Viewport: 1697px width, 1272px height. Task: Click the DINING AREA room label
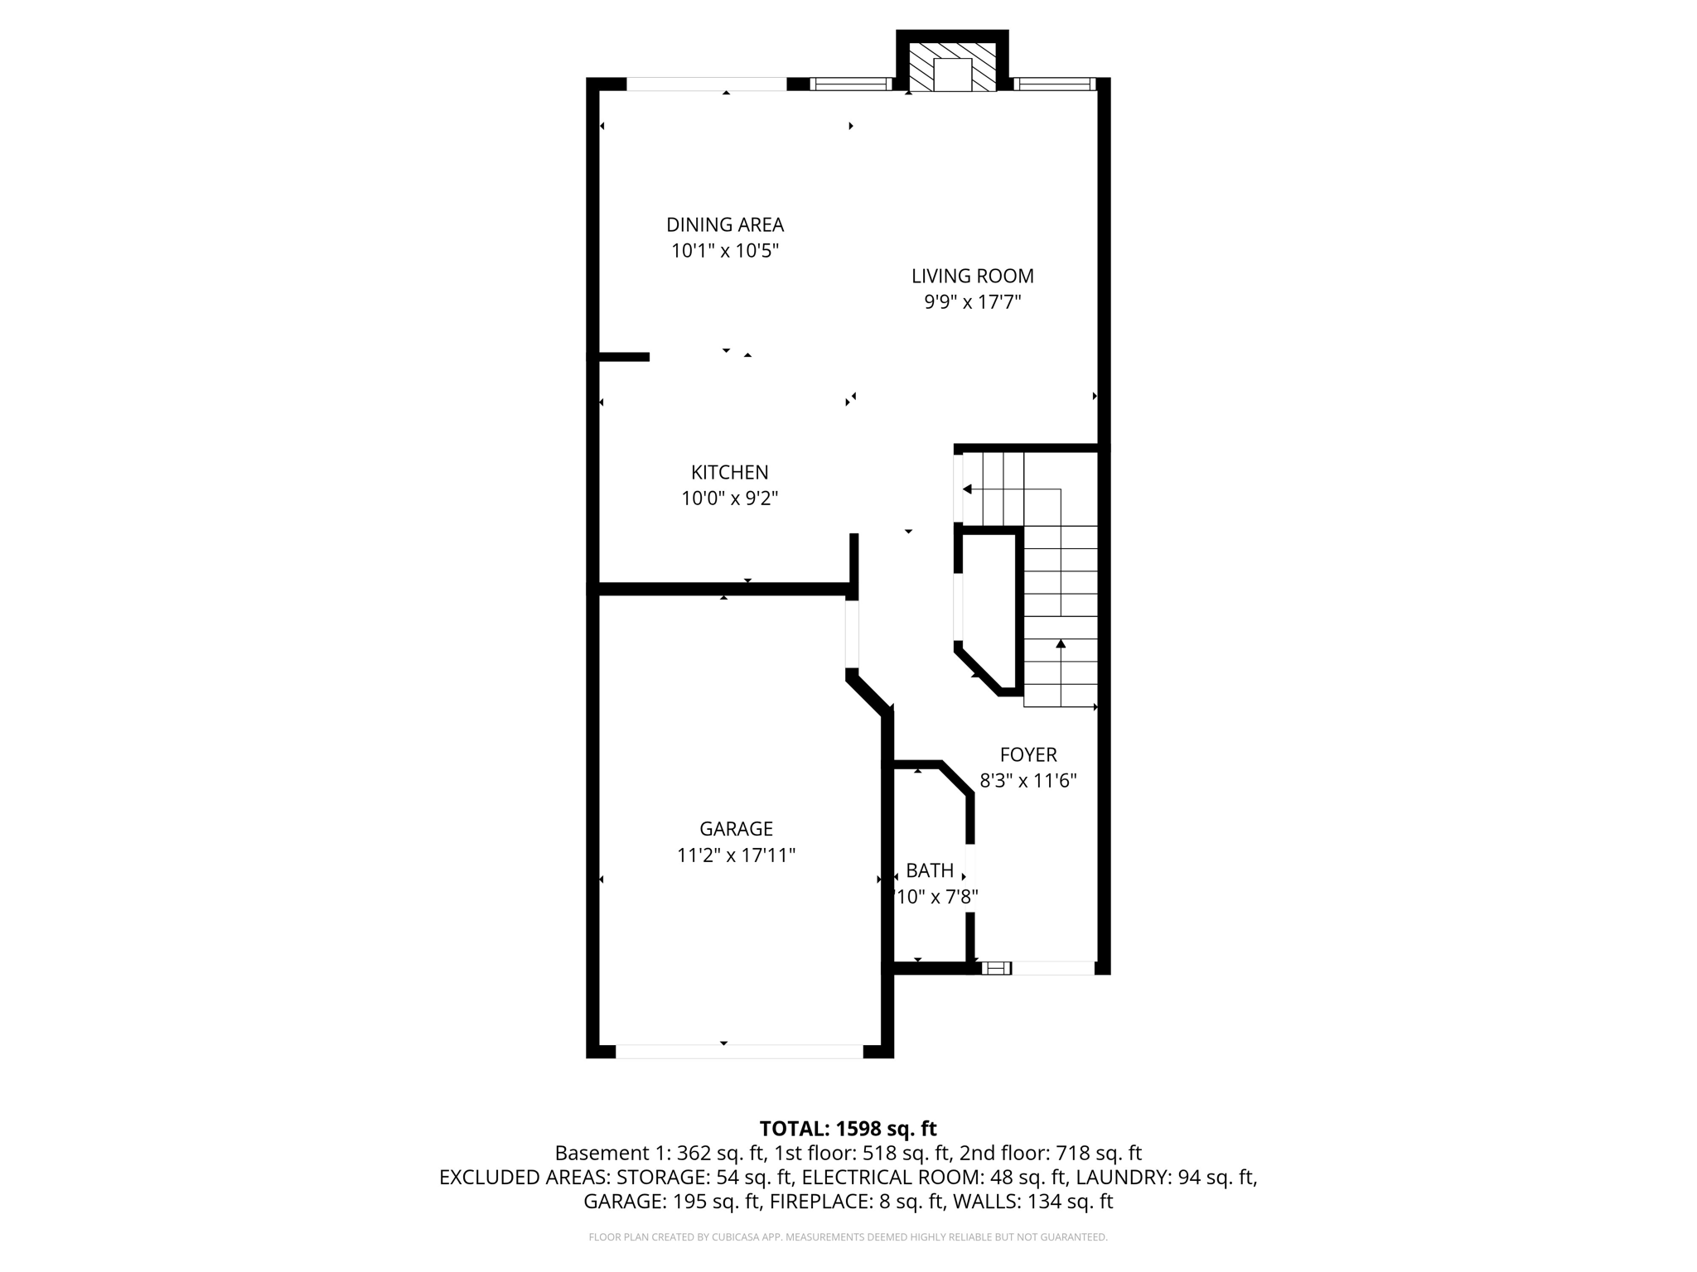[x=725, y=224]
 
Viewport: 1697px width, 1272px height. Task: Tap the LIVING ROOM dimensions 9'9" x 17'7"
[x=972, y=302]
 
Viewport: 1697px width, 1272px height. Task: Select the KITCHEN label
[x=729, y=472]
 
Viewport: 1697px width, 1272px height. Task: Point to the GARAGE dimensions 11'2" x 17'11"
[x=736, y=855]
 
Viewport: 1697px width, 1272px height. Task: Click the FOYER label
[x=1028, y=754]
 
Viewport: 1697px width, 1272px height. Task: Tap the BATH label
[x=930, y=870]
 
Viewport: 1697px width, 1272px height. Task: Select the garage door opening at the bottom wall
[x=739, y=1051]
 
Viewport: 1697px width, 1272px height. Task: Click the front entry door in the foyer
[x=1052, y=967]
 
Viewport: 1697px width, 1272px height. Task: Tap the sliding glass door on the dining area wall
[x=706, y=84]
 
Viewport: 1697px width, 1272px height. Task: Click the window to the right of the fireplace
[x=1054, y=84]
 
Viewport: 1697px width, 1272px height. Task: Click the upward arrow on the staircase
[x=1061, y=644]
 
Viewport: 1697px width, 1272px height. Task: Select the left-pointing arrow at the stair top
[x=968, y=489]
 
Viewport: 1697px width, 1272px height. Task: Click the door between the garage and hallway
[x=852, y=634]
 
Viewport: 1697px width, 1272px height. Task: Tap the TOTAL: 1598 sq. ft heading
[x=848, y=1129]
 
